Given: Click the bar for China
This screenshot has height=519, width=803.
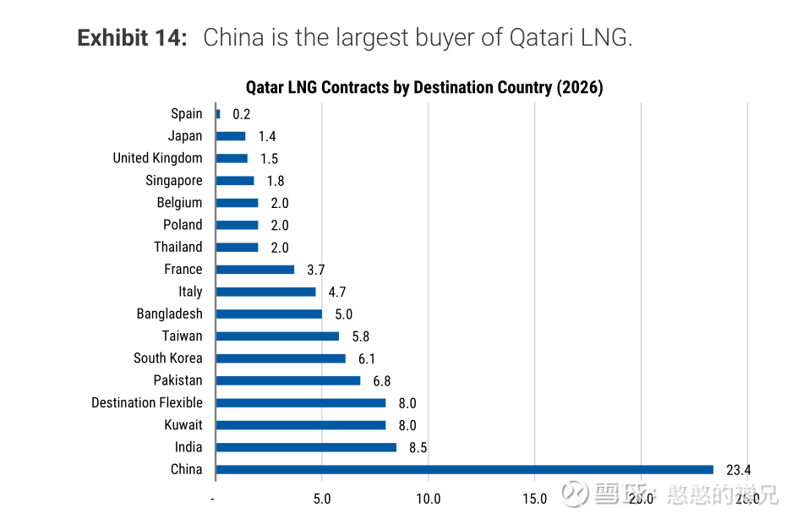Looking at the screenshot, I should coord(465,469).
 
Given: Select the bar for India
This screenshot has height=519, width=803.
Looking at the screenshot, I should coord(306,447).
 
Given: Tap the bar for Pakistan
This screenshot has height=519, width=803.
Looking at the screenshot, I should coord(288,380).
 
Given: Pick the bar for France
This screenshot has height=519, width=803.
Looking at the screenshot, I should coord(255,270).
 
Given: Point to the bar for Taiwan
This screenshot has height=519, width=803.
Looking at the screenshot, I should coord(277,336).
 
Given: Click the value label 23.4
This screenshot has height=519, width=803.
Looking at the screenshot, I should coord(738,470).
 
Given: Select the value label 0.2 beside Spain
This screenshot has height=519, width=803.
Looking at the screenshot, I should coord(242,114).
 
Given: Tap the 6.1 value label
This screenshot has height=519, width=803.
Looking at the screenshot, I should coord(366,358).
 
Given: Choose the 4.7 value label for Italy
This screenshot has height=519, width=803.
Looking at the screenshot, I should coord(336,292).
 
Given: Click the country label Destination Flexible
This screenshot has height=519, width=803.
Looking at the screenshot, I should coord(147,402).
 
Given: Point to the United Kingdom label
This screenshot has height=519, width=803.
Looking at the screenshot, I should coord(158,158).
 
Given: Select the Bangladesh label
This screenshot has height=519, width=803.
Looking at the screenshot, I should coord(170,314).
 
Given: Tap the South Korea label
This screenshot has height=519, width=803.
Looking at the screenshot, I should coord(168,358).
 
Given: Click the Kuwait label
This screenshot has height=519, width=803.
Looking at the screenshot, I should coord(183,424).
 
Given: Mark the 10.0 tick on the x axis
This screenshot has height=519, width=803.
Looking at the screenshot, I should coord(429,499).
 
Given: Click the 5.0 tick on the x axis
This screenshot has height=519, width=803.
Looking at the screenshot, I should coord(322,499).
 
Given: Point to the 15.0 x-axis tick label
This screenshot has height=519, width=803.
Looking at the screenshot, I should coord(534,499).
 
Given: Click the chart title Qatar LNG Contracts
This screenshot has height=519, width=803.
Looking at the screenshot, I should coord(424,88).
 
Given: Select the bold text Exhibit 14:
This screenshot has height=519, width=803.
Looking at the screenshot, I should coord(132,38).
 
